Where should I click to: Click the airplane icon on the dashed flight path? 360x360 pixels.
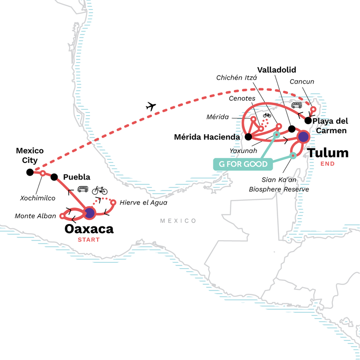pos(151,107)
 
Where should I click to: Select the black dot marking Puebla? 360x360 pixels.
pos(54,177)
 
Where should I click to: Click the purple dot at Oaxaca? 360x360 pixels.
pos(90,212)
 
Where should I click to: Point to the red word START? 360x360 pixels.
pos(89,239)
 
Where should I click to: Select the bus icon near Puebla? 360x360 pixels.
pos(83,189)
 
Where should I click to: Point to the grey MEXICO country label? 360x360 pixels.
pos(179,221)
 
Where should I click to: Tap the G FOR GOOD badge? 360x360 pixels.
pos(243,164)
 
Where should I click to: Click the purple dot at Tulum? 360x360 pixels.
pos(303,136)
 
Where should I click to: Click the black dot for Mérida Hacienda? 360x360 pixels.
pos(248,136)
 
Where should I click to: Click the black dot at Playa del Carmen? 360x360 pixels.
pos(308,120)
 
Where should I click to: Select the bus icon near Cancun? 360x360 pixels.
pos(297,105)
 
